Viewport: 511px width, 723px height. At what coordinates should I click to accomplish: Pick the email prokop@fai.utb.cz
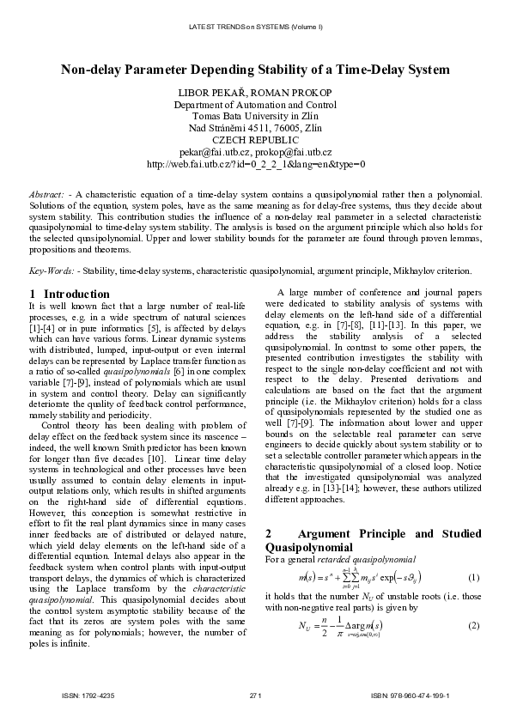point(292,151)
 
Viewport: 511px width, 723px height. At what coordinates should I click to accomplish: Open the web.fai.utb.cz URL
point(255,163)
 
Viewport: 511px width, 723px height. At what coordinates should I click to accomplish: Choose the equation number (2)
point(474,624)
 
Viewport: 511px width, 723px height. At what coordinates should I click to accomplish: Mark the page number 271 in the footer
point(255,694)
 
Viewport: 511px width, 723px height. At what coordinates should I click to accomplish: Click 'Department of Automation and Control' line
point(255,104)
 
